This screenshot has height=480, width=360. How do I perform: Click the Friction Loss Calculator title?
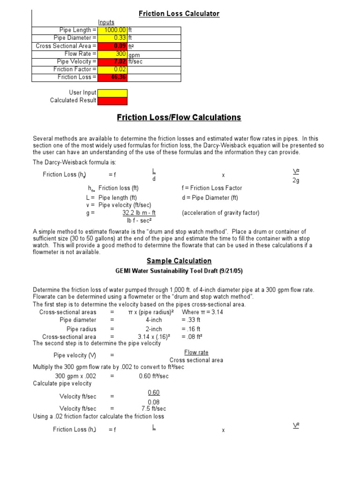point(179,14)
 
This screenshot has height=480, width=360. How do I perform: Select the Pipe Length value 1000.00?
point(112,30)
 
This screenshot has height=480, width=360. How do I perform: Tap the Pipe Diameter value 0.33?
point(112,38)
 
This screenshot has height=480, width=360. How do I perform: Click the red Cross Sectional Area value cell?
point(112,46)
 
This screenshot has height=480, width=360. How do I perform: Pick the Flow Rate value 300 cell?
point(112,54)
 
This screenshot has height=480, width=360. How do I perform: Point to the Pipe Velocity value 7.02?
point(112,61)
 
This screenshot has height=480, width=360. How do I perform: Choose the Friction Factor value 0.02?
point(112,69)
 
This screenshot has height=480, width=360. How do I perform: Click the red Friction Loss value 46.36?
point(112,77)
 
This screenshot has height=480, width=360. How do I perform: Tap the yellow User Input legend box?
point(112,93)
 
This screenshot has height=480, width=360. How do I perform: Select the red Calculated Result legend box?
point(112,100)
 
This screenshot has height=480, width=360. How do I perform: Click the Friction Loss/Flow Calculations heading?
point(179,118)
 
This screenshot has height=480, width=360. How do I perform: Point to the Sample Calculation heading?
point(179,261)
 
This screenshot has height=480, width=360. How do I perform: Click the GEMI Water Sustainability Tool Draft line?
point(179,271)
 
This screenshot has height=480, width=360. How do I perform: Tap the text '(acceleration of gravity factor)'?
point(220,213)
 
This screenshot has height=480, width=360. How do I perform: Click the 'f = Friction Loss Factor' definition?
point(211,188)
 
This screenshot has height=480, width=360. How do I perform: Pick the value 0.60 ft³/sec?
point(153,376)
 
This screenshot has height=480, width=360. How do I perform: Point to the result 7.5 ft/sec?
point(153,409)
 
